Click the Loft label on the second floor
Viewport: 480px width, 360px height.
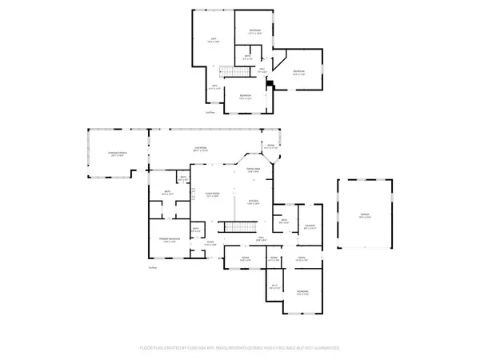pos(214,39)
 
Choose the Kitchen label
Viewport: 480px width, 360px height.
pos(254,202)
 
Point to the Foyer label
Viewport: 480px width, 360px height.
pos(210,243)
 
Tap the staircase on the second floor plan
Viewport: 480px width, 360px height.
pos(231,74)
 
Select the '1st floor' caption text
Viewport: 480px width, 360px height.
pos(152,267)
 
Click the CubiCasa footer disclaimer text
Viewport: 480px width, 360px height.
pos(240,348)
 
